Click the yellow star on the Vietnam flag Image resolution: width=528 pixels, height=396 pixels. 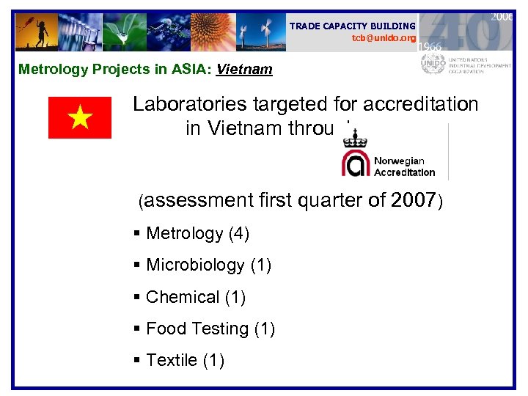(79, 118)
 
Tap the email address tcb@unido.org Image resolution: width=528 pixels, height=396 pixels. (384, 37)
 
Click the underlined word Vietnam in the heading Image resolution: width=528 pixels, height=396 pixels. (244, 70)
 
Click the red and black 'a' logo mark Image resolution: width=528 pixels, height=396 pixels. (356, 164)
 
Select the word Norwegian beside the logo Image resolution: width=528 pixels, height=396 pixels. (399, 161)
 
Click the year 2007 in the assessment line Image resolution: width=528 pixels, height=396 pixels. (414, 199)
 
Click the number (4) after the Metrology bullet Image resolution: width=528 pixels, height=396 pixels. (239, 234)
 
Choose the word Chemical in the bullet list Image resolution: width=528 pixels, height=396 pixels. (183, 297)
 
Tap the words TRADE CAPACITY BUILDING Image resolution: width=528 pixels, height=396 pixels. (352, 26)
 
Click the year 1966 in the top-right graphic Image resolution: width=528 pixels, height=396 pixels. (430, 45)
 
